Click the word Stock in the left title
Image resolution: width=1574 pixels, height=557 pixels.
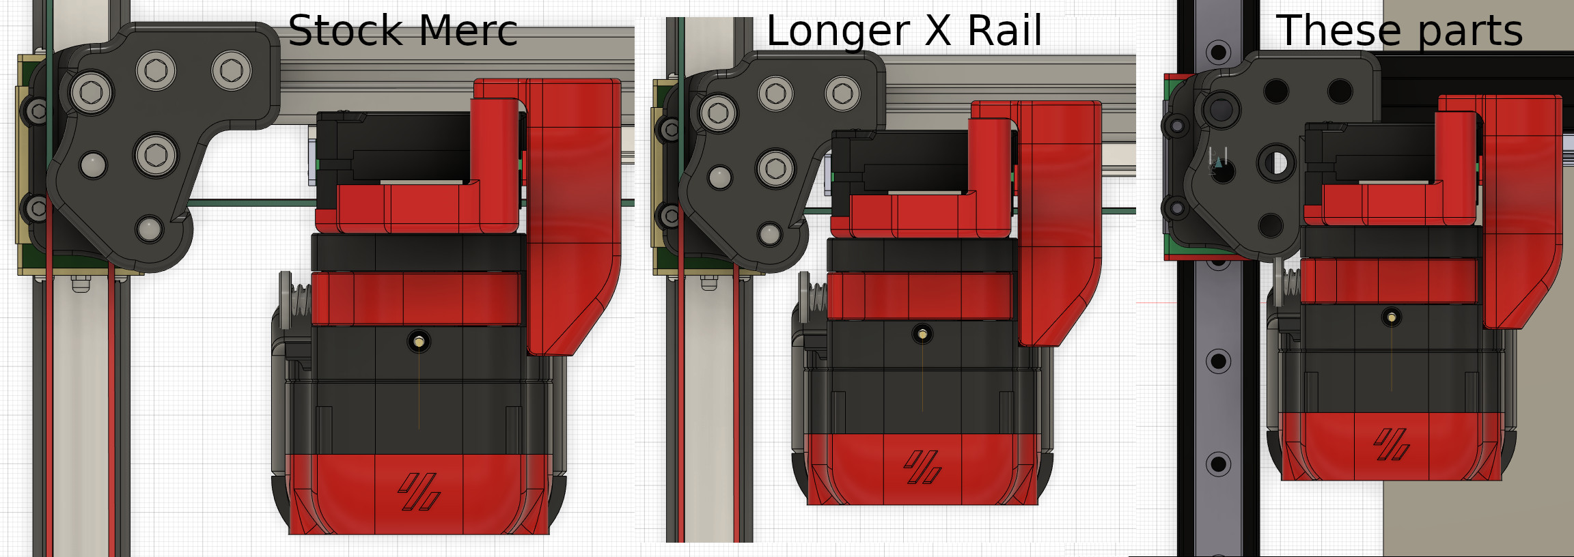click(x=345, y=31)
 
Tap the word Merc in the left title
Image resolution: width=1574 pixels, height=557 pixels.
click(x=468, y=31)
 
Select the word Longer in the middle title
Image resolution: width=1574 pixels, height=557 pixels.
click(x=838, y=32)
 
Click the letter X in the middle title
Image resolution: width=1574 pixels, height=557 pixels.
click(x=939, y=31)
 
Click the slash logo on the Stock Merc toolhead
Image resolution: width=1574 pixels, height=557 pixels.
click(x=419, y=491)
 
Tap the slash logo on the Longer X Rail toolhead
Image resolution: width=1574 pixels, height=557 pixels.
click(x=922, y=467)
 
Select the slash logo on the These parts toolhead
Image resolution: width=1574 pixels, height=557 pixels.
click(x=1392, y=444)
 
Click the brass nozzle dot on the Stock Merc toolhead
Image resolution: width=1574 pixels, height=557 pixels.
click(x=419, y=341)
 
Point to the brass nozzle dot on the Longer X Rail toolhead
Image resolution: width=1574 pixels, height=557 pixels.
click(x=922, y=334)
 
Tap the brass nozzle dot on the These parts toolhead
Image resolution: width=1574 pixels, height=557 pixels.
click(x=1392, y=317)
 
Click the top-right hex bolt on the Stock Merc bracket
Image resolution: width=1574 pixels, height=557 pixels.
click(x=231, y=70)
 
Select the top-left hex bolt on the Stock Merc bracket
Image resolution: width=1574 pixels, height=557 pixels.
click(x=156, y=70)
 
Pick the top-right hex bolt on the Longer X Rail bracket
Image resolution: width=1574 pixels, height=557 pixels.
click(x=842, y=93)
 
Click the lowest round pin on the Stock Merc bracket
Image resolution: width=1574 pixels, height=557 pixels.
click(x=149, y=229)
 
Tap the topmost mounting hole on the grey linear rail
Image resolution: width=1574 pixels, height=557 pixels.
click(x=1217, y=52)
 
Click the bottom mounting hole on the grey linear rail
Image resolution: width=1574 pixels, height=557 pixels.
click(x=1217, y=464)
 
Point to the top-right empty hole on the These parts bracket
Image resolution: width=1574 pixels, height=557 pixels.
click(x=1339, y=90)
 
